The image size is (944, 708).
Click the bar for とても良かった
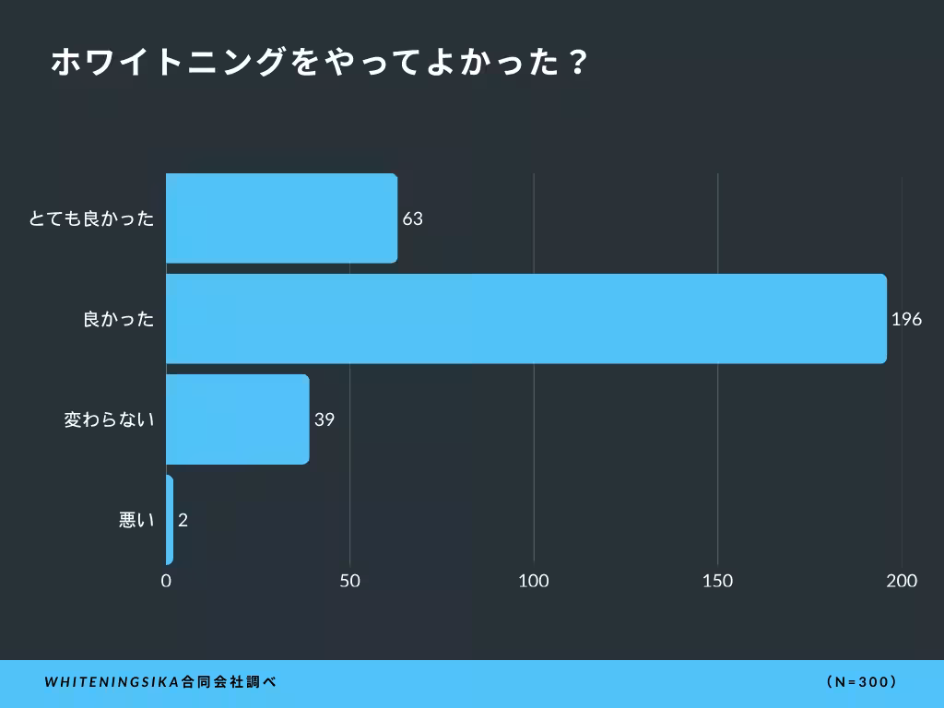coord(281,218)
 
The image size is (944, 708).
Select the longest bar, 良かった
coord(525,319)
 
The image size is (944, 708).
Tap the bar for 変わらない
coord(237,419)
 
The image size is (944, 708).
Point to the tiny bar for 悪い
coord(170,520)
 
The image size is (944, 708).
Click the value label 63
coord(412,219)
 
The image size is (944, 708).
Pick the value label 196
coord(906,320)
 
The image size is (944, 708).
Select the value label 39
coord(324,420)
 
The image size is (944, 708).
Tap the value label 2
coord(183,521)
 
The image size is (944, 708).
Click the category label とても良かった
coord(91,219)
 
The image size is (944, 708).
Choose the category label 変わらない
coord(109,420)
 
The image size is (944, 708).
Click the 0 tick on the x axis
coord(166,581)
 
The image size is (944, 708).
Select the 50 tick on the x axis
coord(349,581)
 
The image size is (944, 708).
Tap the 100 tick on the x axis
coord(534,581)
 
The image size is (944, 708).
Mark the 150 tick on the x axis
coord(717,581)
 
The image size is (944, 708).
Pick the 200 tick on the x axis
coord(902,581)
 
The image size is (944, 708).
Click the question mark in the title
coord(576,63)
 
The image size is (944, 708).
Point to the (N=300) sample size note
coord(862,683)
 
